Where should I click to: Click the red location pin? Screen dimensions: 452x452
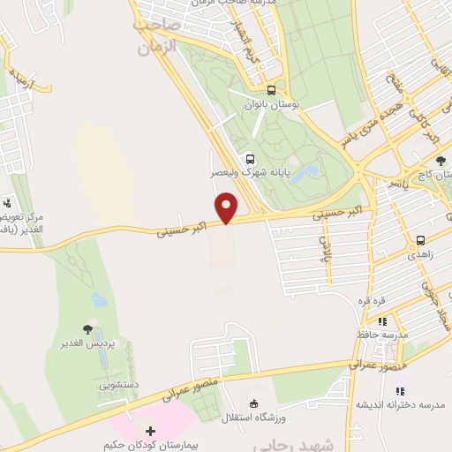click(227, 207)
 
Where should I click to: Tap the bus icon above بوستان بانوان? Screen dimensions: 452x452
click(271, 90)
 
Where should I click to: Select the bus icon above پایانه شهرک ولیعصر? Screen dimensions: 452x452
click(251, 159)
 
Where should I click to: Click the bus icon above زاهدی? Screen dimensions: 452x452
click(421, 239)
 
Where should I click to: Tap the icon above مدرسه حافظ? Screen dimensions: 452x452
click(382, 322)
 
